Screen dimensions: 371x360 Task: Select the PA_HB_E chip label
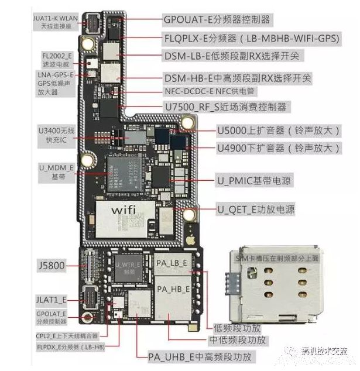172,288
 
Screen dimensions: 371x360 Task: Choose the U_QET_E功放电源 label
256,209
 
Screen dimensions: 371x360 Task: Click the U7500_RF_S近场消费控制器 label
225,107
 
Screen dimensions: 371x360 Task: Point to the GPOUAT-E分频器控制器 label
217,19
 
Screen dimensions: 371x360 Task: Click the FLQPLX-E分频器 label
252,38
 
